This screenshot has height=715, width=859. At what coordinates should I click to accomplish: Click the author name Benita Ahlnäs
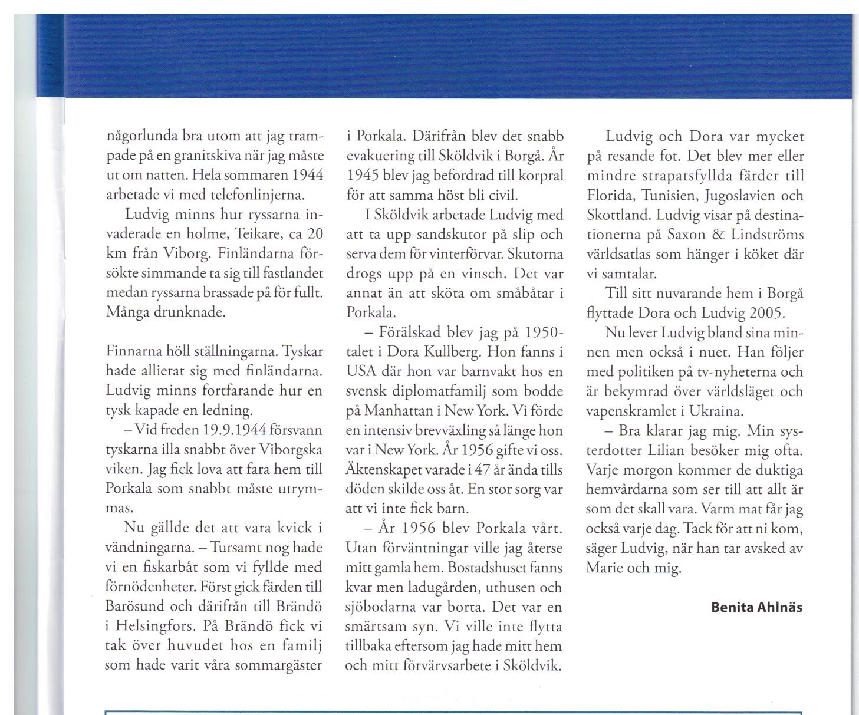click(756, 607)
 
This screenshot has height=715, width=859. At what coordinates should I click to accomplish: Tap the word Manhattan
click(401, 411)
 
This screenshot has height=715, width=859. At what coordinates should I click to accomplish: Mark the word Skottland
click(618, 215)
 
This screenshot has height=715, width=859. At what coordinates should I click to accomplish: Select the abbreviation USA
click(359, 372)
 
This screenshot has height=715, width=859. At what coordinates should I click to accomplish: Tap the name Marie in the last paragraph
click(604, 568)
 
